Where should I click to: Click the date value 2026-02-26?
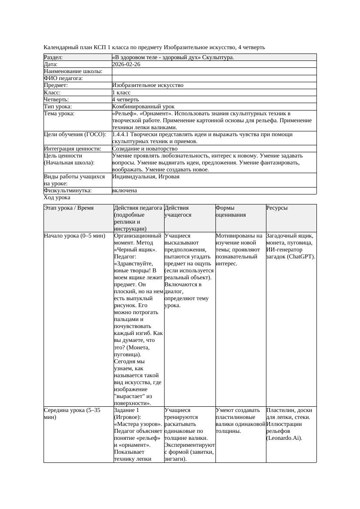point(126,64)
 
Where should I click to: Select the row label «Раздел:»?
point(53,57)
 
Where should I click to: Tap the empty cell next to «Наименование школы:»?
point(214,71)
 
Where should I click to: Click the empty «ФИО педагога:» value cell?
point(214,78)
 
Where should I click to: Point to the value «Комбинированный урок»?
point(143,107)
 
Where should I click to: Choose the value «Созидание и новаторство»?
point(145,149)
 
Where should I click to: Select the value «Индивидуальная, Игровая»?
point(145,177)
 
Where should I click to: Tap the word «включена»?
point(124,191)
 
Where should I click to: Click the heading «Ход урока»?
point(57,198)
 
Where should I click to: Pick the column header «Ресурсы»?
point(277,208)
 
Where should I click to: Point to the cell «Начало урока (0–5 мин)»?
point(74,236)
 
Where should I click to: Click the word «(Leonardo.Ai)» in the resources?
point(284,438)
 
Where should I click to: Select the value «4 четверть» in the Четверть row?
point(125,100)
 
